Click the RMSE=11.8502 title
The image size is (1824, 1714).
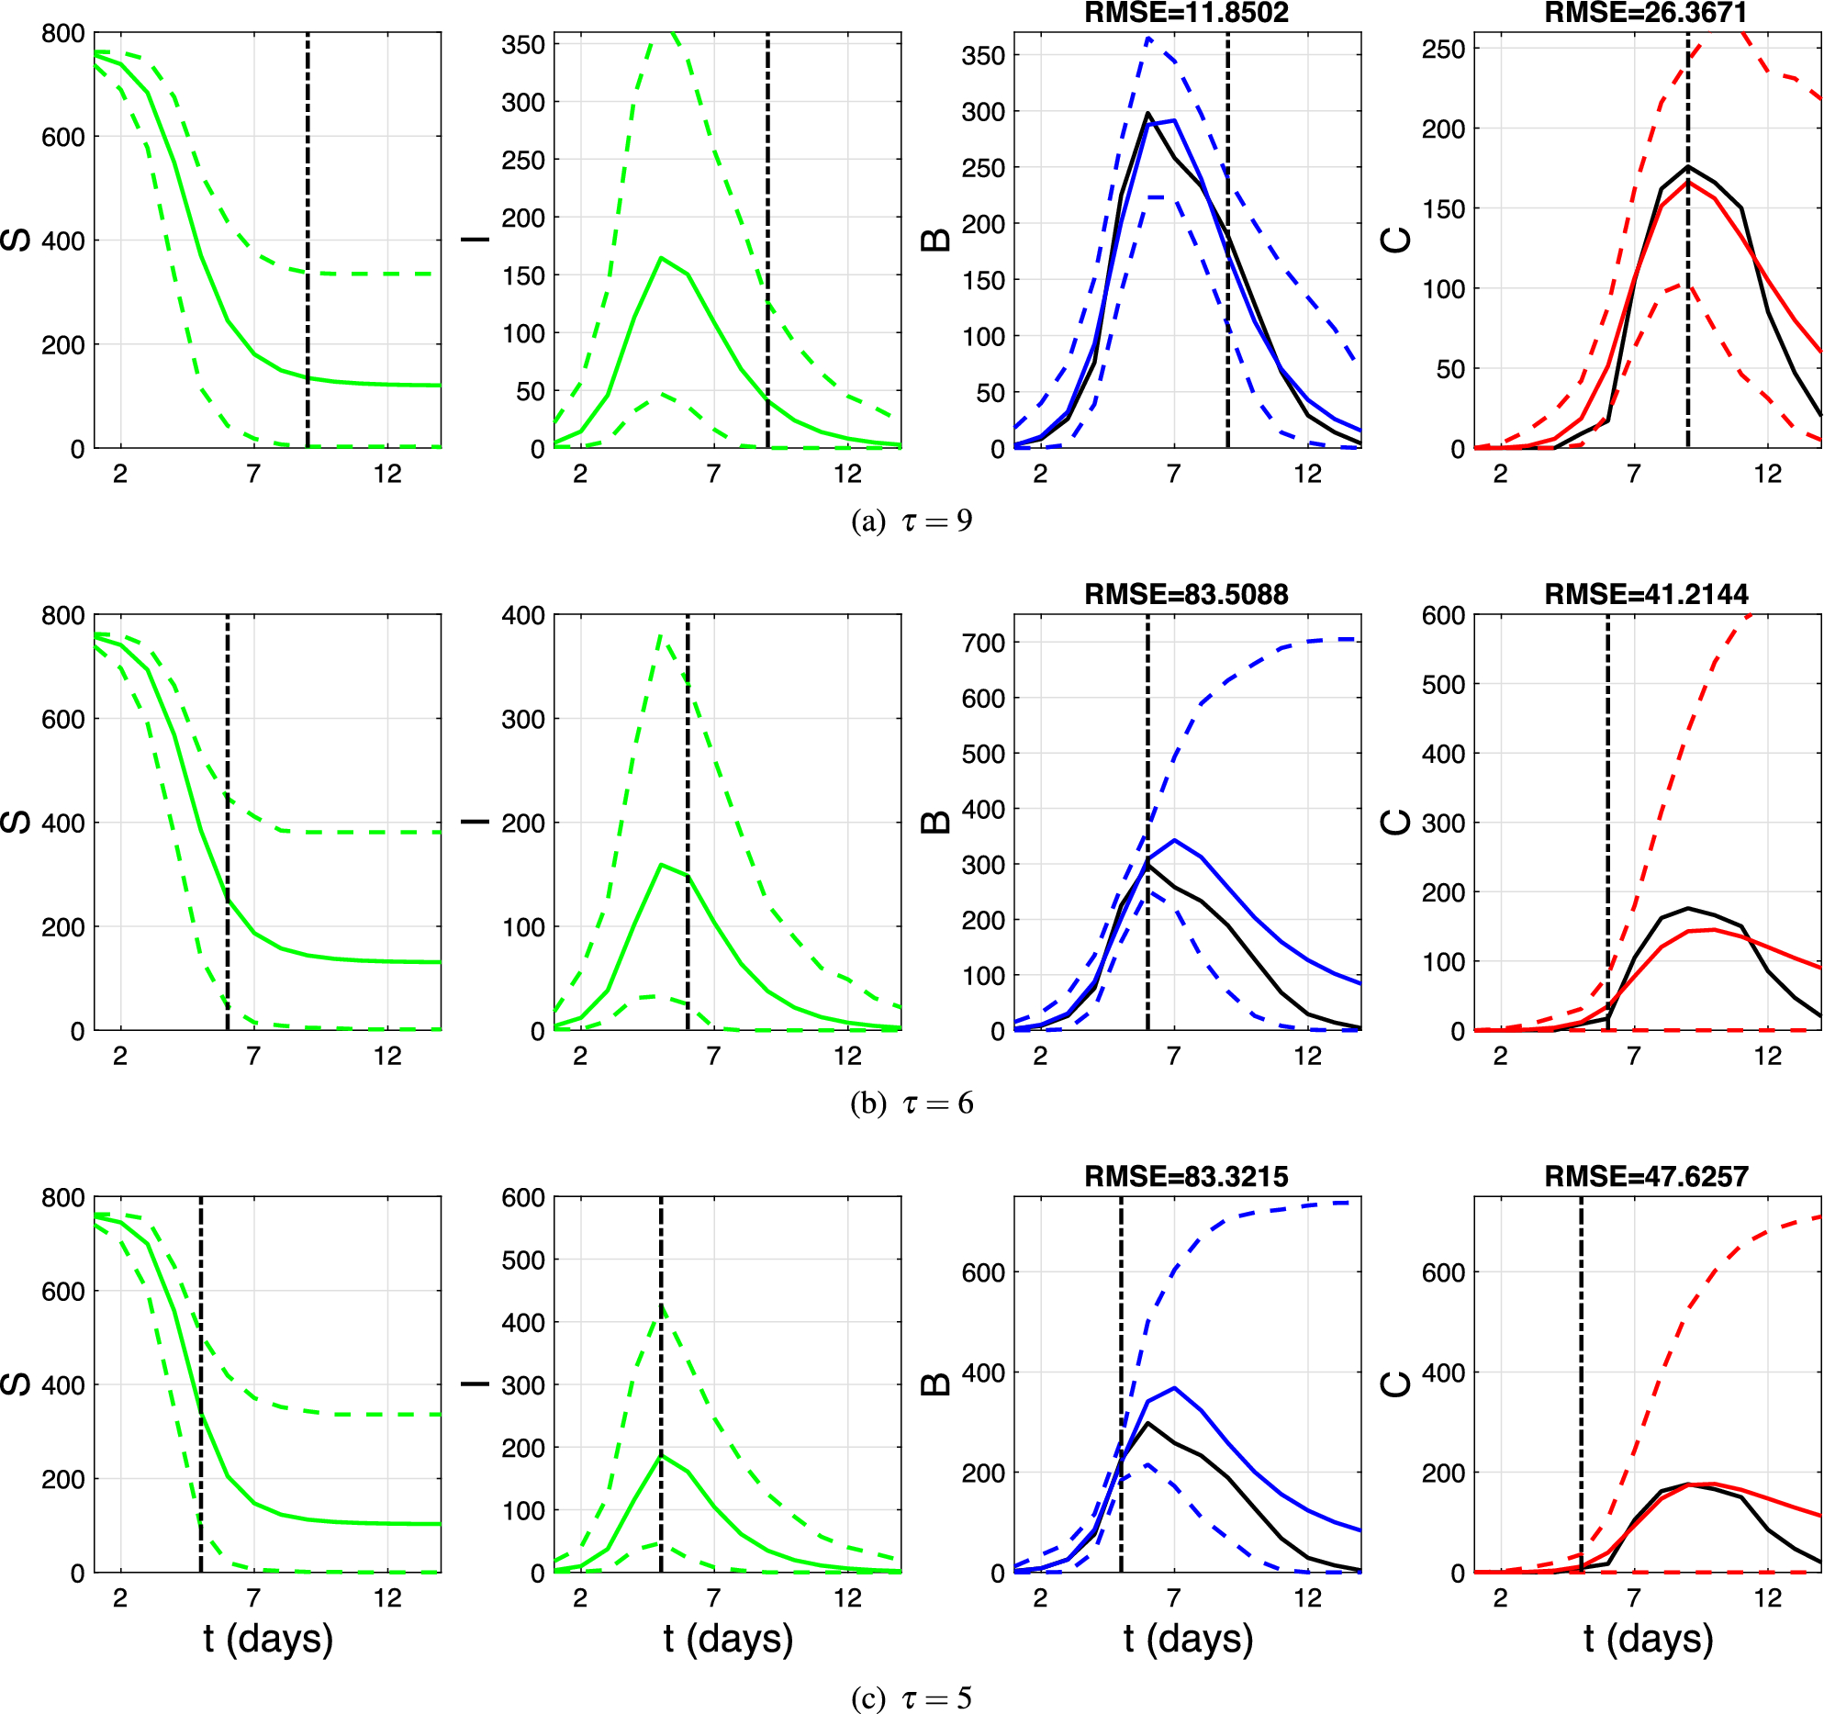click(x=1186, y=13)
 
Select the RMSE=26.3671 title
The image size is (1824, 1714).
click(x=1646, y=13)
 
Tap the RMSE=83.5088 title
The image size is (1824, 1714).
click(x=1186, y=594)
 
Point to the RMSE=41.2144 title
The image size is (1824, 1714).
click(x=1646, y=594)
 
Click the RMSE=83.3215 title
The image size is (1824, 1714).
click(x=1186, y=1176)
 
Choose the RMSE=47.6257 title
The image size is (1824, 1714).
click(x=1646, y=1176)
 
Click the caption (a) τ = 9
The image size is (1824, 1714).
click(x=912, y=521)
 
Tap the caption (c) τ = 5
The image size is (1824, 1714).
click(x=912, y=1697)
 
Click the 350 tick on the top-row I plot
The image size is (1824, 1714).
click(x=523, y=45)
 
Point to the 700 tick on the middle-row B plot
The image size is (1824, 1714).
click(x=983, y=643)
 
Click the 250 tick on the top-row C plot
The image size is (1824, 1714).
click(x=1443, y=49)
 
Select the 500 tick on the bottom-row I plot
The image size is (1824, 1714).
click(x=523, y=1260)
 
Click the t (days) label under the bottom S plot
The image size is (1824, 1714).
click(x=268, y=1639)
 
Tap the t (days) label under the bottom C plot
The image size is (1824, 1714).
click(x=1648, y=1639)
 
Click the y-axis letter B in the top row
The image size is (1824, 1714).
click(x=935, y=241)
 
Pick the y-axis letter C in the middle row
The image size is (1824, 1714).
click(x=1395, y=822)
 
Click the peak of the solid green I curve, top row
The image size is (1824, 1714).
click(x=661, y=258)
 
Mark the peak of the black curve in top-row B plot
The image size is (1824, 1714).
click(x=1147, y=114)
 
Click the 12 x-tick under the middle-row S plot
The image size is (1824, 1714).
click(x=387, y=1056)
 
